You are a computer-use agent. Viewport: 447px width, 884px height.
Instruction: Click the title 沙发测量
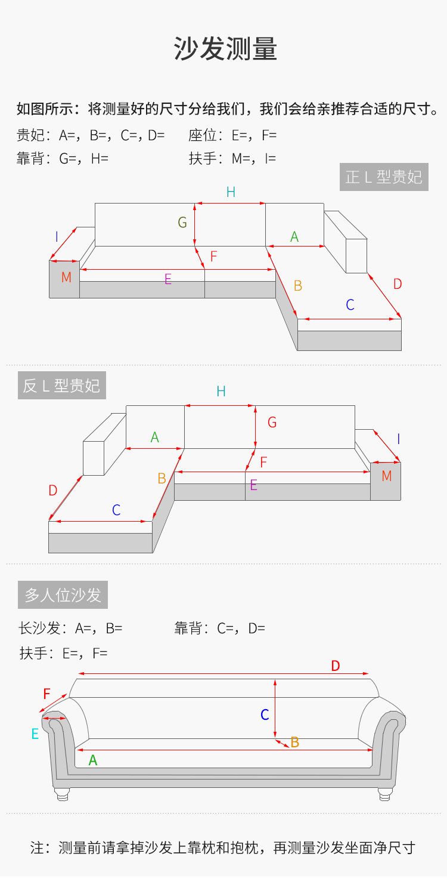click(x=225, y=49)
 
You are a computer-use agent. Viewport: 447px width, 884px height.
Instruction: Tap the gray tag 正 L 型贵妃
click(x=384, y=177)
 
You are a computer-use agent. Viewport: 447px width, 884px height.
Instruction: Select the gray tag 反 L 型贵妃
click(x=62, y=386)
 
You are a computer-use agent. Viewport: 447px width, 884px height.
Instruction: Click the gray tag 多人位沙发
click(x=63, y=595)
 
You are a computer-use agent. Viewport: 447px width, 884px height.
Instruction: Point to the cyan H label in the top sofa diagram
click(x=231, y=192)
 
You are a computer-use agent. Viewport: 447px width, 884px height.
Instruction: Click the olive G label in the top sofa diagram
click(x=182, y=223)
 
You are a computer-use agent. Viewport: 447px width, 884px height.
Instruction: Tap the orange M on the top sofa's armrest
click(x=66, y=277)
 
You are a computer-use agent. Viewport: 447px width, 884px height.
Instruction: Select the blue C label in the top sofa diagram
click(x=350, y=304)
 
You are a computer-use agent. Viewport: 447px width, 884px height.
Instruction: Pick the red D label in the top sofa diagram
click(x=398, y=284)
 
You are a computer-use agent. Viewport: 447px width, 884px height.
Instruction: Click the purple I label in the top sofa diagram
click(x=57, y=236)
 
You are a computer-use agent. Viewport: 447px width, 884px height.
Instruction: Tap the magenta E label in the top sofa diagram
click(x=168, y=279)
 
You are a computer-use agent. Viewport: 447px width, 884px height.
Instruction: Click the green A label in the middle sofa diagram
click(x=155, y=438)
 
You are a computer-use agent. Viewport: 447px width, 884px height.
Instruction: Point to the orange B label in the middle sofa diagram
click(x=162, y=478)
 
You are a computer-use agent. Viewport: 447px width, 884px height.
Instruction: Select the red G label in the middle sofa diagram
click(x=272, y=422)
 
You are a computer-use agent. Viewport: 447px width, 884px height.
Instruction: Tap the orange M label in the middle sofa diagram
click(x=387, y=476)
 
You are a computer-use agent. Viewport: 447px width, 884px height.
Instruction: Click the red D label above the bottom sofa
click(x=336, y=666)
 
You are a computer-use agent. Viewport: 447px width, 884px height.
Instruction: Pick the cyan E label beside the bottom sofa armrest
click(x=35, y=734)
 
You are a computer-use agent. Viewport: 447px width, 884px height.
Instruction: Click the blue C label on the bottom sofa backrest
click(x=265, y=714)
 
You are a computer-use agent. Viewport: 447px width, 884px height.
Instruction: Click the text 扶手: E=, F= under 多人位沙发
click(x=63, y=653)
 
